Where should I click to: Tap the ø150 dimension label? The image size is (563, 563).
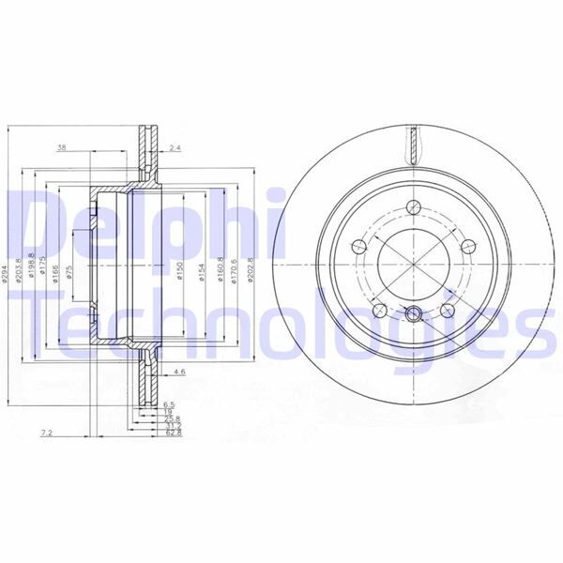[179, 271]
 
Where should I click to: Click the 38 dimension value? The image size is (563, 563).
[62, 147]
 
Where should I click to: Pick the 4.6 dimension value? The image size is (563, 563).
[180, 373]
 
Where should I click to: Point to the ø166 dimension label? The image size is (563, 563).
[57, 271]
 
